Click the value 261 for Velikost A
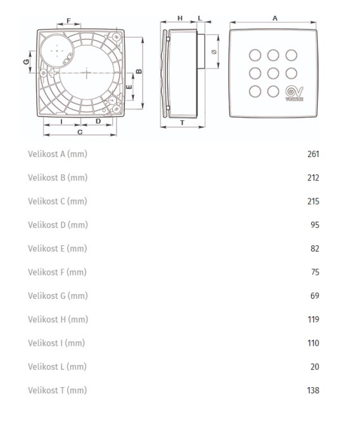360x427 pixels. pyautogui.click(x=313, y=154)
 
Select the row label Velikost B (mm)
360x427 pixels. pyautogui.click(x=58, y=178)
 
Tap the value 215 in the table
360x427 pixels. pyautogui.click(x=313, y=201)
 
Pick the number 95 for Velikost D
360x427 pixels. pyautogui.click(x=315, y=225)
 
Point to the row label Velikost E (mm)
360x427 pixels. pyautogui.click(x=58, y=248)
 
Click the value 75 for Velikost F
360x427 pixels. pyautogui.click(x=315, y=272)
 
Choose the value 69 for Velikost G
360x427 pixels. pyautogui.click(x=315, y=296)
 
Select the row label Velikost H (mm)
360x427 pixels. pyautogui.click(x=58, y=319)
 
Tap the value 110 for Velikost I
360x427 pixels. pyautogui.click(x=313, y=343)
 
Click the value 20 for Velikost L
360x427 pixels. pyautogui.click(x=315, y=367)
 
